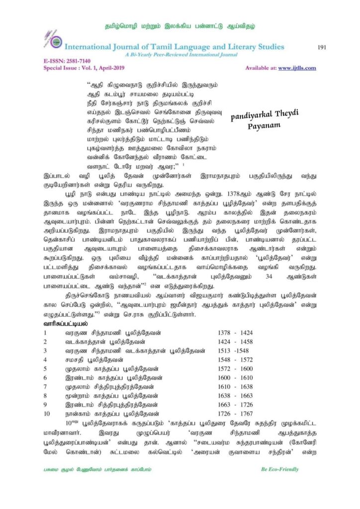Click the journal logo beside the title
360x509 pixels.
[x=56, y=43]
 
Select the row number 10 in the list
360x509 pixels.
[x=47, y=413]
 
